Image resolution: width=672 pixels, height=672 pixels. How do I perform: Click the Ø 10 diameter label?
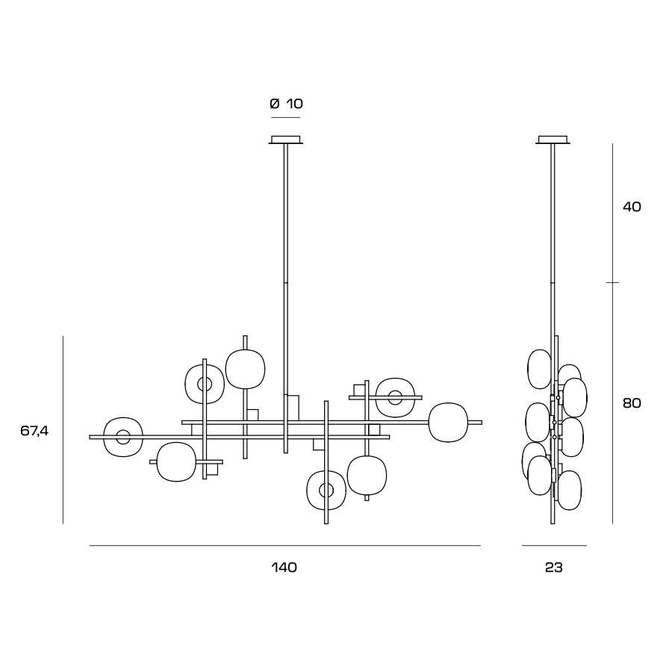[x=286, y=104]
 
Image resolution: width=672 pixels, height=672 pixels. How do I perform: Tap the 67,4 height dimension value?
[x=34, y=431]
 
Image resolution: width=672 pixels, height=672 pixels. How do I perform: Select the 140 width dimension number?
[x=284, y=567]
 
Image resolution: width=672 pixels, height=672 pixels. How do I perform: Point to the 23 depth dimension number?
[x=554, y=567]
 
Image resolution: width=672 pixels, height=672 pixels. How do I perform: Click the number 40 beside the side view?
[x=632, y=207]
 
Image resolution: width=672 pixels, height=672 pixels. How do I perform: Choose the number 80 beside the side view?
[x=632, y=403]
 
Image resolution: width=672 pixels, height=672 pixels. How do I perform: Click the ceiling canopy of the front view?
[x=285, y=140]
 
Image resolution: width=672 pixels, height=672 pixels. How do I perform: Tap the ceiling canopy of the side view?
[x=553, y=140]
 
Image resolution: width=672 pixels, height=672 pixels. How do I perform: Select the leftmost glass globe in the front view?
[x=123, y=437]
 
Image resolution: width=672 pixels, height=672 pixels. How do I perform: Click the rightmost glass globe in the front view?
[x=448, y=423]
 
